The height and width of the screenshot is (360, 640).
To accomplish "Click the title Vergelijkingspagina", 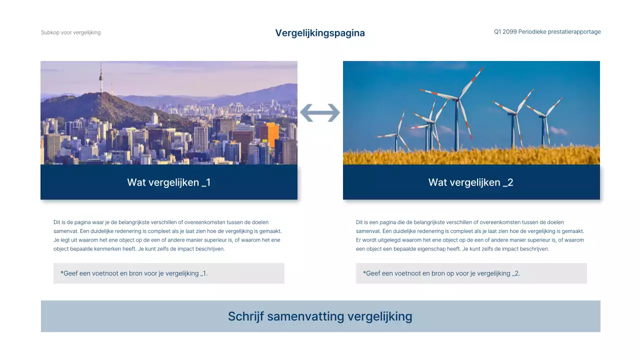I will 320,33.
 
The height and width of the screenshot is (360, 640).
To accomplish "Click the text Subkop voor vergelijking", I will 70,32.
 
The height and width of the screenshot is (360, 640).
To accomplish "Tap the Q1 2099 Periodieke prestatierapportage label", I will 547,32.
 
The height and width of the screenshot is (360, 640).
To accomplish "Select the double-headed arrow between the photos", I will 320,113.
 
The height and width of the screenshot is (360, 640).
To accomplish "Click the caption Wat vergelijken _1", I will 168,182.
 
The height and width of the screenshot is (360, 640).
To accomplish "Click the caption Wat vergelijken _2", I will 470,182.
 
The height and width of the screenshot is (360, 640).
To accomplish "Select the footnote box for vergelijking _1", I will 168,273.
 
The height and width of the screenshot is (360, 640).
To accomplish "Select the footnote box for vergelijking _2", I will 471,273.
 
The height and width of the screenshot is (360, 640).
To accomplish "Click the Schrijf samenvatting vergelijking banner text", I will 320,316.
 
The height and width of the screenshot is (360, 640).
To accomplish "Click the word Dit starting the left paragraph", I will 57,222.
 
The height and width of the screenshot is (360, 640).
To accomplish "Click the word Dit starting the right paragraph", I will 360,222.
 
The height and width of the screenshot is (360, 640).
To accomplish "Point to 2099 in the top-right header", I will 509,32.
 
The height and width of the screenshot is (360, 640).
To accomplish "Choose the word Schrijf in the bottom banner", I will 245,316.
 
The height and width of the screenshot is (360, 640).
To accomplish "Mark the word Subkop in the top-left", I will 49,32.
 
